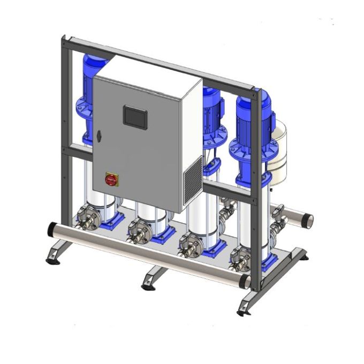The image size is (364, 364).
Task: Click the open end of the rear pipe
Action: point(309,218)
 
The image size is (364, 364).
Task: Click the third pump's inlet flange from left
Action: point(188,246)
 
